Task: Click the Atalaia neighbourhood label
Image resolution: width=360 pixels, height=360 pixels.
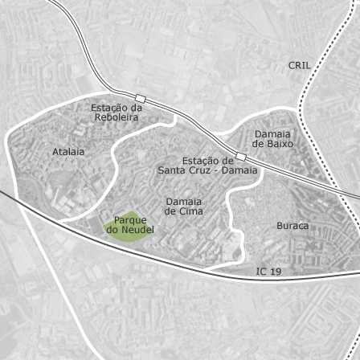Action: tap(68, 151)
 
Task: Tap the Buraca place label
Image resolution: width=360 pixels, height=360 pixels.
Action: tap(292, 226)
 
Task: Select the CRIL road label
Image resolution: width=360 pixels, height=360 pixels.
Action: tap(299, 65)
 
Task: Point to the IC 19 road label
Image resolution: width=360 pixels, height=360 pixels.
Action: tap(269, 272)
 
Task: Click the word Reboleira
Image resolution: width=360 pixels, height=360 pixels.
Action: tap(116, 117)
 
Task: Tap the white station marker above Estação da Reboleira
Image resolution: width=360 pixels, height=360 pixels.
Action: tap(140, 97)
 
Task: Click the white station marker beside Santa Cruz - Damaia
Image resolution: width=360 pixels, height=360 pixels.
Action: tap(240, 156)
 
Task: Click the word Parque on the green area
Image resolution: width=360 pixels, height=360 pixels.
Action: tap(129, 219)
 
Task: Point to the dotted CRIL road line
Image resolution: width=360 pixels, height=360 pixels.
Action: tap(306, 104)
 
